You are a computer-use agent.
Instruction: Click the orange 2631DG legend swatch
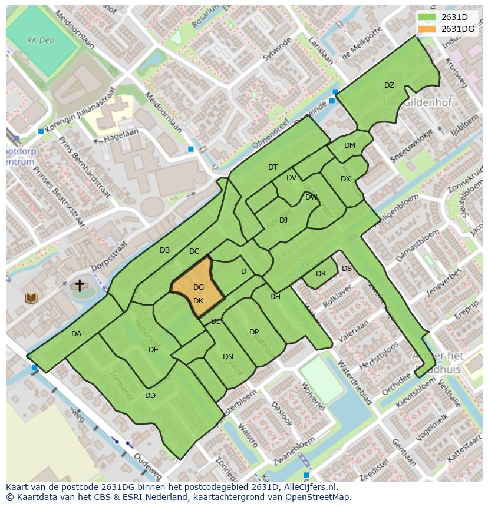click(427, 29)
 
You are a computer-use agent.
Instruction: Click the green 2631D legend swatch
click(427, 17)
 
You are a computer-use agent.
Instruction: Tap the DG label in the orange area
click(199, 287)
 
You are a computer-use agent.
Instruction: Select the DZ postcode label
click(389, 85)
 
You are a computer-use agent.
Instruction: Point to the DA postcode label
click(76, 334)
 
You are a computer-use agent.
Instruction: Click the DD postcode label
click(150, 396)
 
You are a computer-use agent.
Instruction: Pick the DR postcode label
click(321, 274)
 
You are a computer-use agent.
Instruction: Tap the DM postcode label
click(349, 145)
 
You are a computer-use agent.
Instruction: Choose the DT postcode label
click(273, 167)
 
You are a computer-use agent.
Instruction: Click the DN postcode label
click(228, 357)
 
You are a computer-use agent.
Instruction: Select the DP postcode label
click(254, 332)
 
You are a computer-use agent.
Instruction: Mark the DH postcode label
click(275, 297)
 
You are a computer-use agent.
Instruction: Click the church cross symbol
click(79, 286)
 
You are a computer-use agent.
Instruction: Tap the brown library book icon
click(31, 299)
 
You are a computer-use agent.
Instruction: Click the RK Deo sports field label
click(39, 40)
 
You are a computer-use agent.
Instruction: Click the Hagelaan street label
click(121, 136)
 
